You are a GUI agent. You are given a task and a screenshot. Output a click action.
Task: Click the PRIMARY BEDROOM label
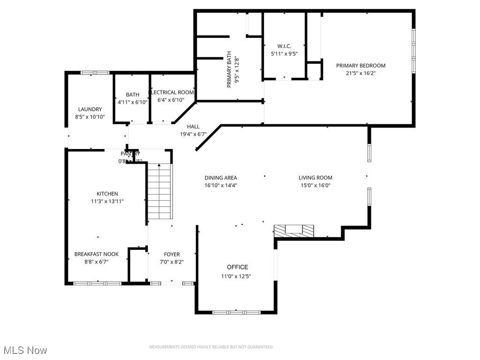[360, 66]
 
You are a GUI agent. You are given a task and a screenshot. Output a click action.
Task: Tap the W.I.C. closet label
[284, 46]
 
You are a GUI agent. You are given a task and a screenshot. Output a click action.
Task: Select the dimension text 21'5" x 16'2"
[360, 73]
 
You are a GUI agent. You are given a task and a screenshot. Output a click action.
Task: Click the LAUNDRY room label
[90, 109]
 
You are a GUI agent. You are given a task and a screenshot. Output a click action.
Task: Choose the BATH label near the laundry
[132, 95]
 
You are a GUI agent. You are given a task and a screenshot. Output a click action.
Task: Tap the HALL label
[193, 127]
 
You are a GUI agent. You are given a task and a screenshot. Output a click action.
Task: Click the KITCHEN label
[107, 194]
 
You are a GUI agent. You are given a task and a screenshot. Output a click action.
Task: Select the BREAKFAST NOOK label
[97, 254]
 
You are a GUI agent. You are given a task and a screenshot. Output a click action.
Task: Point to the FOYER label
[172, 255]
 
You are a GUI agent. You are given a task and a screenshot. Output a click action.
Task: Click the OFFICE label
[238, 267]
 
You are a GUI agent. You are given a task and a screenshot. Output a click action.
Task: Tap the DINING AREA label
[221, 178]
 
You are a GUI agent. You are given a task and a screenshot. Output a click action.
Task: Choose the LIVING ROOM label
[315, 178]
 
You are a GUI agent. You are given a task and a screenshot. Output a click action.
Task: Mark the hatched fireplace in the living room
[294, 230]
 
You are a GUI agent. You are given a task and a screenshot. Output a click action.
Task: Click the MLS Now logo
[25, 350]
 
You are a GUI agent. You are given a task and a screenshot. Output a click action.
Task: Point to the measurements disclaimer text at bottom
[211, 347]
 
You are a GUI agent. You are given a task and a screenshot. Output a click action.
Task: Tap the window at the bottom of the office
[236, 312]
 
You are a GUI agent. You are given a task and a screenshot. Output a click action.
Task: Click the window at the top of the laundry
[95, 73]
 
